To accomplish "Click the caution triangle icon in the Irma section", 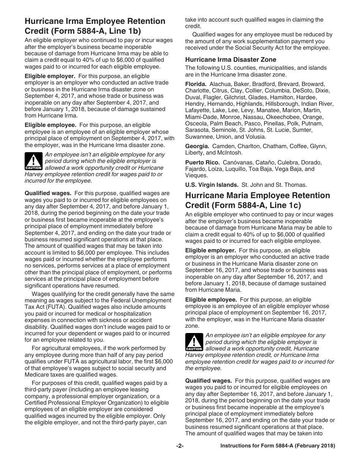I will click(33, 161).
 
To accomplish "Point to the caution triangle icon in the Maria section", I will click(194, 342).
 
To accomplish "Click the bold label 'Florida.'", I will click(196, 84).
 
